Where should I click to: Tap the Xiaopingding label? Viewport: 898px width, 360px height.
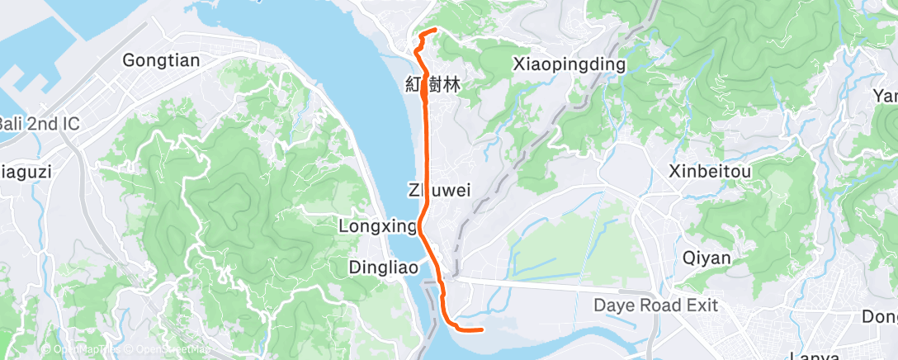click(569, 64)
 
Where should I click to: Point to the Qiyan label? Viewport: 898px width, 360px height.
click(707, 258)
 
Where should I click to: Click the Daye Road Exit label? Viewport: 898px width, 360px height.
click(655, 306)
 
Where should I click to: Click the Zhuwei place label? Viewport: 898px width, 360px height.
click(439, 191)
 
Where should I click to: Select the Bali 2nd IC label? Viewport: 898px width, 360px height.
click(39, 124)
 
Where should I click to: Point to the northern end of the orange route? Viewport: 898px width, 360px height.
click(435, 31)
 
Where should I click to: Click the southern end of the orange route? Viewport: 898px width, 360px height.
click(480, 330)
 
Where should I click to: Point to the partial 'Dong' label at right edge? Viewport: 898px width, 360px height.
click(880, 316)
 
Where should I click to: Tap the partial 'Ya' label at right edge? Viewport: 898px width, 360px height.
click(886, 97)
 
